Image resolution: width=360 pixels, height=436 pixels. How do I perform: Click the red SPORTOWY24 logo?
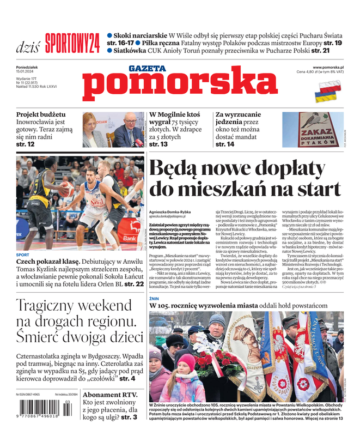click(x=72, y=43)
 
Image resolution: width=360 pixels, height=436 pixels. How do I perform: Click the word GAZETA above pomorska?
click(x=147, y=69)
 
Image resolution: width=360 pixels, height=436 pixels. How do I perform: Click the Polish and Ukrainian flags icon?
click(x=325, y=92)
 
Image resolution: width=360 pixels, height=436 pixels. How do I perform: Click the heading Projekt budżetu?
click(x=41, y=115)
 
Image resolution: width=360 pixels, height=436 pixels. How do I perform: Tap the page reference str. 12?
click(x=26, y=144)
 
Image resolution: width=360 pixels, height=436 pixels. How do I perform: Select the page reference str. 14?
click(x=225, y=144)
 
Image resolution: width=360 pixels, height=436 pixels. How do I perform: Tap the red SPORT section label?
click(x=23, y=255)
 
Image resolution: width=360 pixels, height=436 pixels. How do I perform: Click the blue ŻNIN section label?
click(x=155, y=299)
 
